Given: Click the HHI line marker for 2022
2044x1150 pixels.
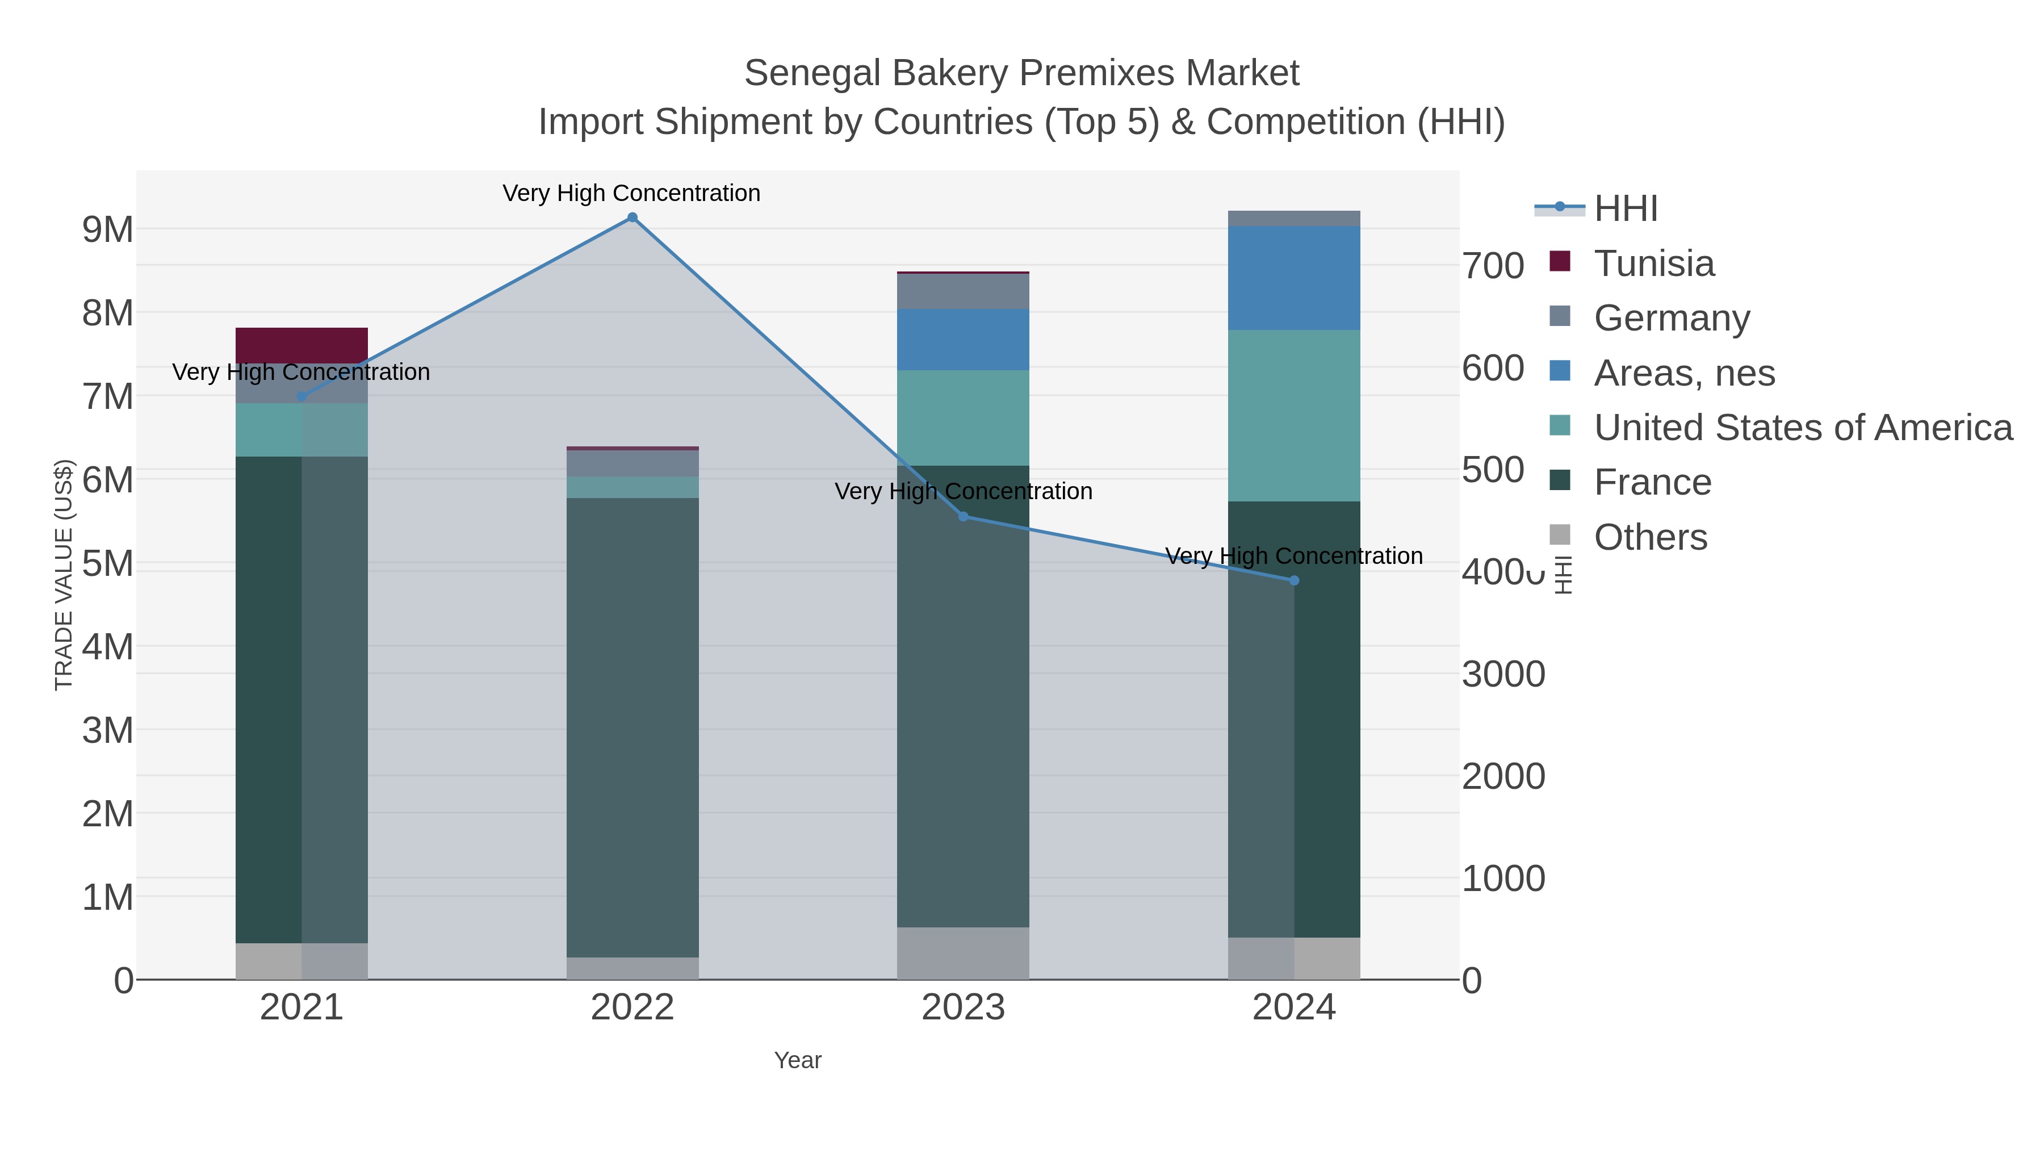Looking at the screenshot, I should coord(633,218).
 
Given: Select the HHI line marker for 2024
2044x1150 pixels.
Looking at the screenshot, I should coord(1294,581).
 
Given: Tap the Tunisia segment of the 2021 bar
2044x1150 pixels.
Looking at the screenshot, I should coord(301,345).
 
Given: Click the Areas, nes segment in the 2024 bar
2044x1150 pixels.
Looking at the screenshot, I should coord(1294,278).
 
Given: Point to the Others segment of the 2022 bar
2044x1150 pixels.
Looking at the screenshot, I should coord(633,968).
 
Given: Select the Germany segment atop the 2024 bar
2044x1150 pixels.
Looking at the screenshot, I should coord(1294,218).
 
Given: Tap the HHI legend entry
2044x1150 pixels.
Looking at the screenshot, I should coord(1625,209).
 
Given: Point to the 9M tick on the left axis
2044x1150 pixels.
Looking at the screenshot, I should coord(108,230).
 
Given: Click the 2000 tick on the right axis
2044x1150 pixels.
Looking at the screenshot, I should coord(1503,776).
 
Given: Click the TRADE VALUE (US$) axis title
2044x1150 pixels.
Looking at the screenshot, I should coord(64,575).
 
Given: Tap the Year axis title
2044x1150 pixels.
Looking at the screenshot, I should coord(798,1060).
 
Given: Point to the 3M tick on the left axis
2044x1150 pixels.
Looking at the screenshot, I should coord(108,730).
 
